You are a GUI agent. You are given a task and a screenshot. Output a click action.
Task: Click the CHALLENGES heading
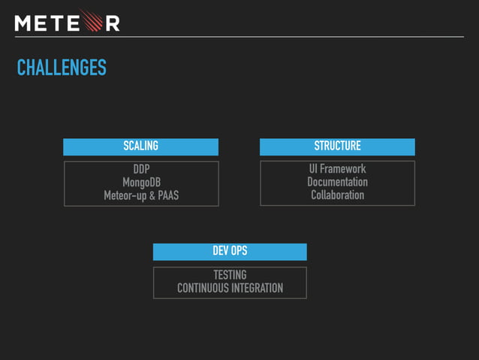point(62,68)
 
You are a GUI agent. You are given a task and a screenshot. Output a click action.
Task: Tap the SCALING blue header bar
point(140,147)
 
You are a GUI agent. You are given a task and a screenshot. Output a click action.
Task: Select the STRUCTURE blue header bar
point(337,147)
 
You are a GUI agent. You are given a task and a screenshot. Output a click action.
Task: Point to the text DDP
point(141,169)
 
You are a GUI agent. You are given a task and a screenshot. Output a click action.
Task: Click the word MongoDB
point(141,183)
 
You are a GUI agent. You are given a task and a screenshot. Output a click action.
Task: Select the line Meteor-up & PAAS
point(141,195)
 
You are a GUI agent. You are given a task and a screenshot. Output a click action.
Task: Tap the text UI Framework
point(337,169)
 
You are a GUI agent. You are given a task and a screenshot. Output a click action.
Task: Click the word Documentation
point(337,182)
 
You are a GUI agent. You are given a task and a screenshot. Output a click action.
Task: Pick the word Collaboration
point(337,195)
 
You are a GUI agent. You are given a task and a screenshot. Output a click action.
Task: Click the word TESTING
point(230,275)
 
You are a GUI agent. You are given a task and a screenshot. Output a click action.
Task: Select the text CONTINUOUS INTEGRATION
point(230,288)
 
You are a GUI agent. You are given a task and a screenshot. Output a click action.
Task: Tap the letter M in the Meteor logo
point(23,23)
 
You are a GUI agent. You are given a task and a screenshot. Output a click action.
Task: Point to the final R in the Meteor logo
point(111,23)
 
